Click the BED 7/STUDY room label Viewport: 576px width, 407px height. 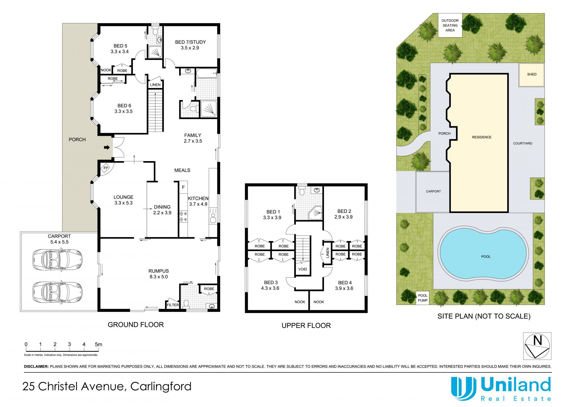point(190,45)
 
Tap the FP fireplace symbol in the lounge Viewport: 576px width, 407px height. point(106,168)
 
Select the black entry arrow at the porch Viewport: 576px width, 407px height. point(107,147)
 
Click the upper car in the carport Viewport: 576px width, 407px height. point(57,260)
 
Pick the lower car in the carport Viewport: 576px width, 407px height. point(57,292)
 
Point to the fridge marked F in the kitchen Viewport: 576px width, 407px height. point(183,187)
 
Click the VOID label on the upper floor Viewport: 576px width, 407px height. point(302,269)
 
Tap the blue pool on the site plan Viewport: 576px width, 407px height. point(483,254)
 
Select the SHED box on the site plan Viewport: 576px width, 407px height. point(532,75)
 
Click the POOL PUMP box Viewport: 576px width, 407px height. point(423,298)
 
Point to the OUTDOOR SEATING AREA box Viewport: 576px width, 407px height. point(450,25)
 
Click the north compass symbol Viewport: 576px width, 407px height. point(537,346)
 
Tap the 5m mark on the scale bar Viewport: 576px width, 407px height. point(98,345)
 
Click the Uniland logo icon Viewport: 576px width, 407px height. point(463,388)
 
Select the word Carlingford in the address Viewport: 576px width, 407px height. point(161,387)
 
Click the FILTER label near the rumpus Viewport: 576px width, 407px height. point(173,305)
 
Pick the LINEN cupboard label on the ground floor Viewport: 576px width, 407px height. point(155,85)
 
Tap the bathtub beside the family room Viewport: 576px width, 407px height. point(206,73)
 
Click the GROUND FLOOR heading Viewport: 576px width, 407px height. point(136,325)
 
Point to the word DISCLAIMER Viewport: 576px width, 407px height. point(36,367)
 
